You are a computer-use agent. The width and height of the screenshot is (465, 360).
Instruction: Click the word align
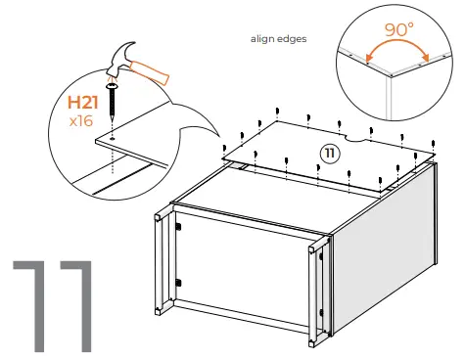[x=265, y=41]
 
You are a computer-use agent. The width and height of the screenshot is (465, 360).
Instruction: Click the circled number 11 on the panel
[x=332, y=153]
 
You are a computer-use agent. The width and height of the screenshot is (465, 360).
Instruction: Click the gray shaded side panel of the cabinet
[x=392, y=245]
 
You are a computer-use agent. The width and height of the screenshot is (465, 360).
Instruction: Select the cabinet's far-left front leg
[x=158, y=264]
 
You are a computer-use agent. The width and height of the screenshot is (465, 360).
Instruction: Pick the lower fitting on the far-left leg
[x=177, y=283]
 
